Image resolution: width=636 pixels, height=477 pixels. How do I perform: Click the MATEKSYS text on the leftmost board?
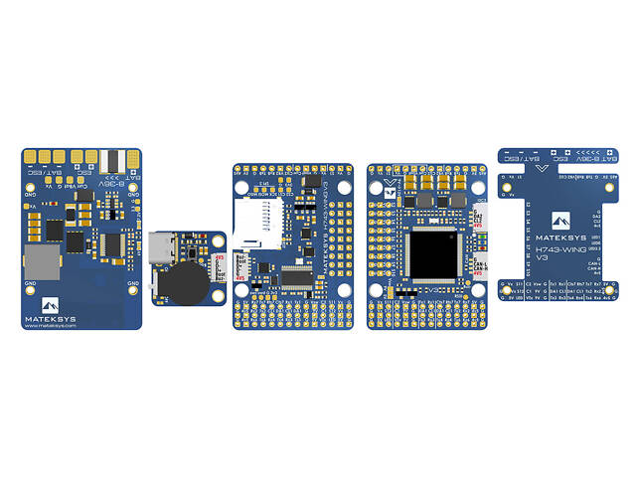click(x=48, y=320)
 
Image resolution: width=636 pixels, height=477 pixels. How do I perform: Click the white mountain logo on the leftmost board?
click(x=51, y=304)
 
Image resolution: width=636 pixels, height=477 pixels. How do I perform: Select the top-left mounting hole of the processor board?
click(x=379, y=186)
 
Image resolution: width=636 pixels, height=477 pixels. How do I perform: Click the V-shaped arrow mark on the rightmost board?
click(x=541, y=169)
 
